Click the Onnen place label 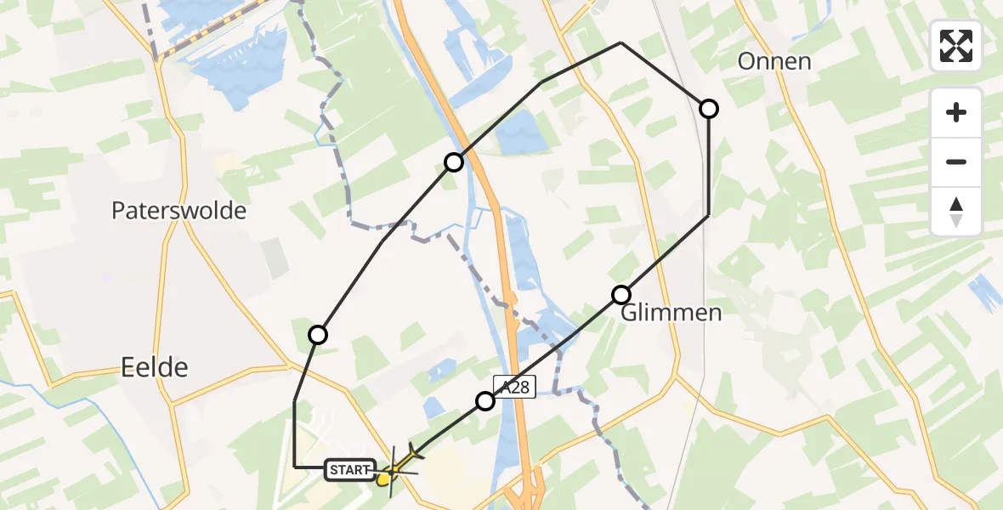[774, 61]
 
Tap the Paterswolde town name [178, 211]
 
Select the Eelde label [153, 367]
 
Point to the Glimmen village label [671, 313]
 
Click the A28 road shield [513, 388]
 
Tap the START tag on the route [349, 469]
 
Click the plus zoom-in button [956, 113]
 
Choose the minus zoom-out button [956, 161]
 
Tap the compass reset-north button [956, 211]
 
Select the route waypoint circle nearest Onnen [708, 108]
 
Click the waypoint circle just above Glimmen [621, 295]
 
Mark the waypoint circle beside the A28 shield [484, 400]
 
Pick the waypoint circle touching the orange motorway [454, 161]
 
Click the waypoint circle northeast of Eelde [317, 335]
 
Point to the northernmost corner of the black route [621, 42]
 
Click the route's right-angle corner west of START [294, 467]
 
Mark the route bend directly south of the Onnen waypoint [708, 216]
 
